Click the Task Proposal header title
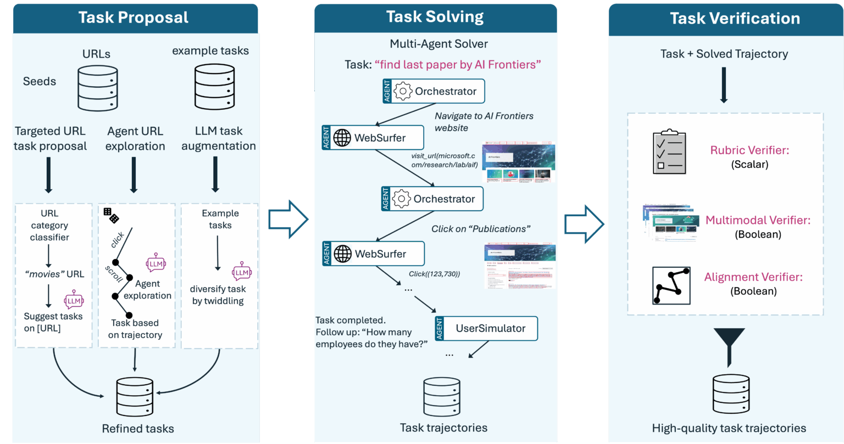click(134, 18)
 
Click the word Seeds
click(40, 81)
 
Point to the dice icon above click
click(111, 215)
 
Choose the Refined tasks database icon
click(134, 397)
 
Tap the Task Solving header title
click(435, 16)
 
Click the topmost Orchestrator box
click(434, 91)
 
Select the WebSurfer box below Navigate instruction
click(373, 137)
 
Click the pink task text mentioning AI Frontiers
click(458, 64)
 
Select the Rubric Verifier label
click(749, 150)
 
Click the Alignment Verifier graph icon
click(670, 285)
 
